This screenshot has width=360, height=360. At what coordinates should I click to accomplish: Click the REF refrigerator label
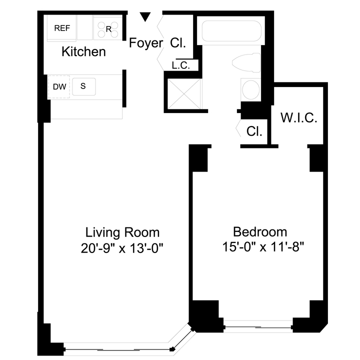[62, 28]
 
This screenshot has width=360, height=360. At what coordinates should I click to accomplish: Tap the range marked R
[108, 28]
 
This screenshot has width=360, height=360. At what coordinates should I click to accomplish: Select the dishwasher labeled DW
[59, 87]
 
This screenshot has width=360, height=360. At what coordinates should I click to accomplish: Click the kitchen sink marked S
[84, 86]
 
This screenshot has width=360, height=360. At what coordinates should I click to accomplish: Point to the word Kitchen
[83, 51]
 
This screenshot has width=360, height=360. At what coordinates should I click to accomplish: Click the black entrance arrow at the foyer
[145, 17]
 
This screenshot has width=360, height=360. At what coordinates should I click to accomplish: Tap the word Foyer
[146, 42]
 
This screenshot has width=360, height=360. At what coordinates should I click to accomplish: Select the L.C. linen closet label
[181, 65]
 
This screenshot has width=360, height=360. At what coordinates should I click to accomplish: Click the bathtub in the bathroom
[231, 31]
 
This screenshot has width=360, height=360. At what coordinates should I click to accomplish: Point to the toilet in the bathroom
[246, 63]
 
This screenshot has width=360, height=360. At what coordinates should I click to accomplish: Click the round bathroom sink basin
[250, 90]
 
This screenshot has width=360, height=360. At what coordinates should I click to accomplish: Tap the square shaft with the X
[183, 93]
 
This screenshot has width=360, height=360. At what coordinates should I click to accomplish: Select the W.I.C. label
[298, 118]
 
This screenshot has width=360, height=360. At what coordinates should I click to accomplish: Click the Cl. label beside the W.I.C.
[254, 131]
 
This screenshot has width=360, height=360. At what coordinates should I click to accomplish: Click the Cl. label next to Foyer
[178, 42]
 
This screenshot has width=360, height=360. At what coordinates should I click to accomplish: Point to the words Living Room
[122, 232]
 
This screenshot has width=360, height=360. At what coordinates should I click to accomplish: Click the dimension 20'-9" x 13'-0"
[122, 248]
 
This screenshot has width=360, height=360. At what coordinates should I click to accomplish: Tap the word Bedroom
[260, 232]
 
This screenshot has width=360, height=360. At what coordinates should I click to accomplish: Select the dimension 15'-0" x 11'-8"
[263, 247]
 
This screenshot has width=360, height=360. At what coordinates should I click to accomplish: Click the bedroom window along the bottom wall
[258, 326]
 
